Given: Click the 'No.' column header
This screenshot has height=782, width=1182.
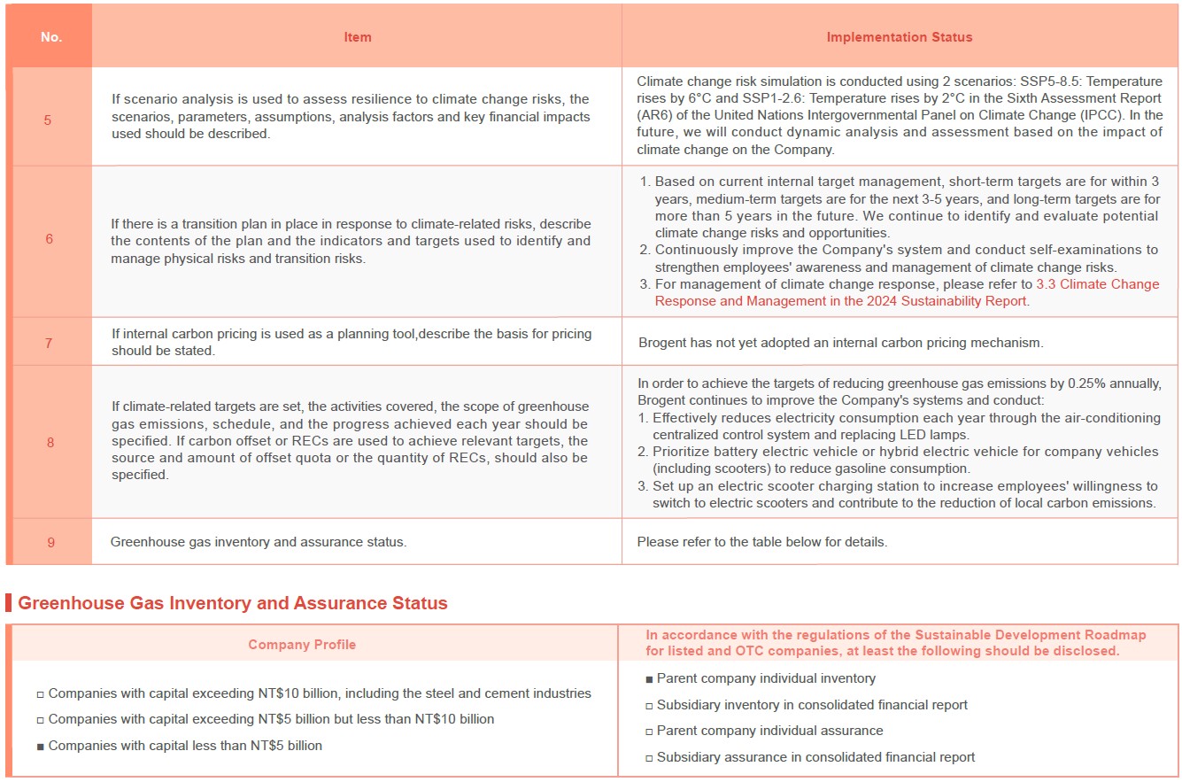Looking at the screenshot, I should (x=51, y=37).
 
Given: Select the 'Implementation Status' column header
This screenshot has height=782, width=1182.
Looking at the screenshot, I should (x=899, y=37).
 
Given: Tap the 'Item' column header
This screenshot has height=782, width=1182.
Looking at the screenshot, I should (x=358, y=37).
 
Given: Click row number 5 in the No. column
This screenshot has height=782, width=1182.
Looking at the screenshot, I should (x=48, y=120).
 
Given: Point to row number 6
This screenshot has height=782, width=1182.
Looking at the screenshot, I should (x=49, y=239).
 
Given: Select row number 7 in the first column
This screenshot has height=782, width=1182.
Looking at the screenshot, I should (x=49, y=343).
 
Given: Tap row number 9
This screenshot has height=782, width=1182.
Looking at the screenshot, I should (x=50, y=542).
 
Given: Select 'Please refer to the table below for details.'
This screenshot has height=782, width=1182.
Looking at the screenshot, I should (x=761, y=542).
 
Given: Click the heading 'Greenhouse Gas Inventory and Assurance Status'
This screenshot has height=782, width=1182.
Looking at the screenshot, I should (x=233, y=603).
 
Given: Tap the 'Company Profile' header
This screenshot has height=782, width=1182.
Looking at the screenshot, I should (x=302, y=645).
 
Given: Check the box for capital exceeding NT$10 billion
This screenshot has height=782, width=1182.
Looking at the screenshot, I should (x=40, y=694).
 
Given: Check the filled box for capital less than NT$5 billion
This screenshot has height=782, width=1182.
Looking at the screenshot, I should (x=40, y=747).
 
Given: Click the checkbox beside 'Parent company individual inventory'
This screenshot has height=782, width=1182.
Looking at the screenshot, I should (x=649, y=679).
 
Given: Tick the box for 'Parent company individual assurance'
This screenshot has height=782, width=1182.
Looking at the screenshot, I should (x=649, y=732).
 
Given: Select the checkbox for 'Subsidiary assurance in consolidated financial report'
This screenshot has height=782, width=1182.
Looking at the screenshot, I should (x=649, y=758).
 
